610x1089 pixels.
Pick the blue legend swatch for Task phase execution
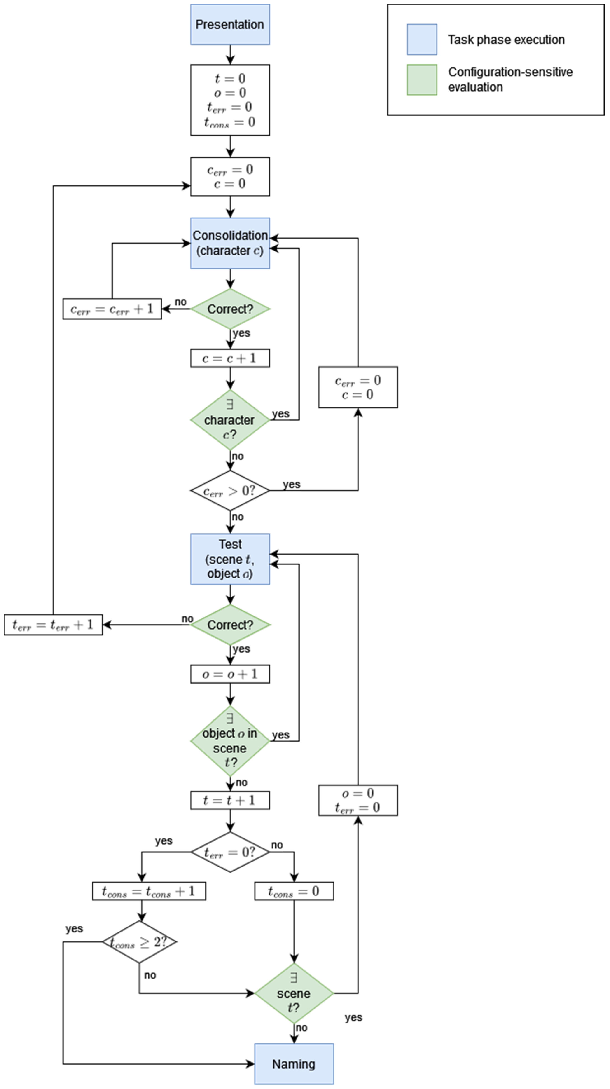point(421,39)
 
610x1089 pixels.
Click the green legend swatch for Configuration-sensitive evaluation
point(421,80)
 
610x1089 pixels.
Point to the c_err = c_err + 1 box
point(112,309)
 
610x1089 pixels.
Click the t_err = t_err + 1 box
point(53,624)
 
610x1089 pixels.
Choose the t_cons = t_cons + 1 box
point(149,891)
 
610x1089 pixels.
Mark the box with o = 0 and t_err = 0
point(358,800)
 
